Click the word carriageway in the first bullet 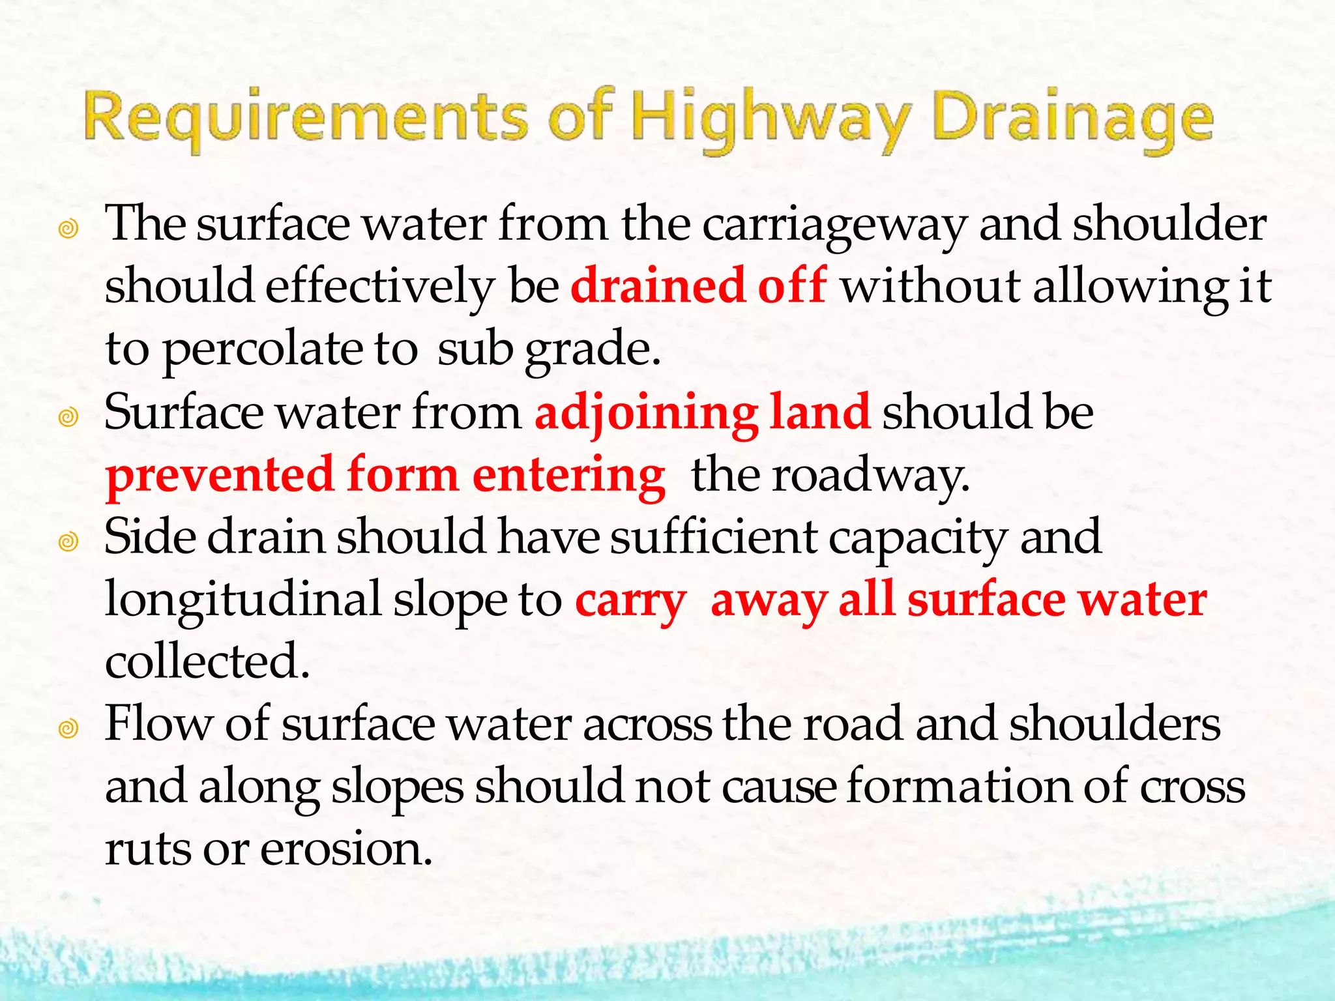(834, 225)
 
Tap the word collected (207, 661)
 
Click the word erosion (347, 849)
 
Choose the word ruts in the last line (148, 849)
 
